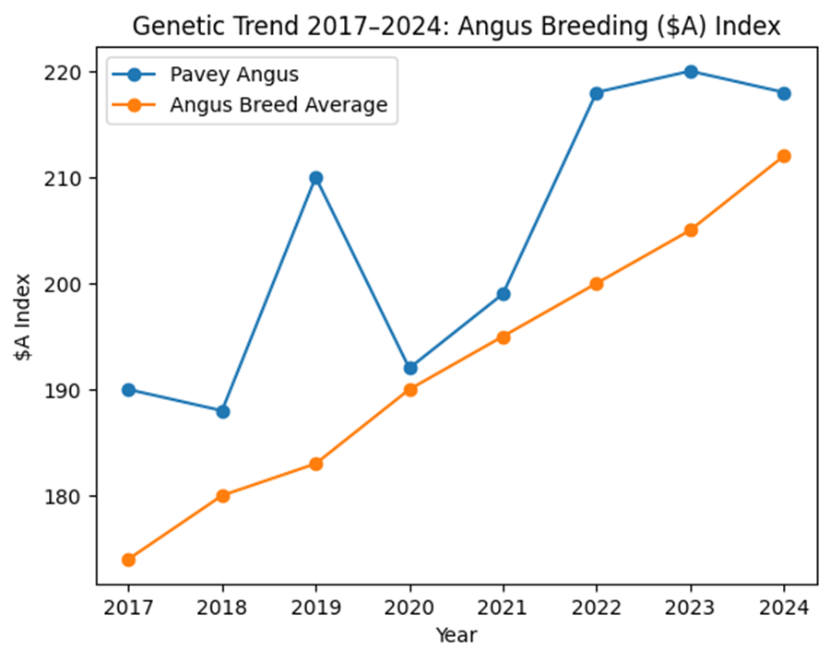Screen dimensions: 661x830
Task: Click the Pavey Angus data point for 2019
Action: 315,178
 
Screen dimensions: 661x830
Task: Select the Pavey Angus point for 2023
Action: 690,72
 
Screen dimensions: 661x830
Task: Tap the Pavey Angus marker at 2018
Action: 222,411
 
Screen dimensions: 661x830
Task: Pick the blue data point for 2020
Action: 410,369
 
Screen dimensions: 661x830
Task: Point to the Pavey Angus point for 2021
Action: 504,294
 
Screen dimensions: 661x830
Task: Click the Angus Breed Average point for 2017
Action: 128,560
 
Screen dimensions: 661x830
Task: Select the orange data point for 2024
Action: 784,156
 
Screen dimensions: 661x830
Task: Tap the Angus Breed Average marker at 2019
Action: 315,464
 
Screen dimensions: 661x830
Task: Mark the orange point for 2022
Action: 597,284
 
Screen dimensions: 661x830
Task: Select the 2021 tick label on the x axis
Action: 504,608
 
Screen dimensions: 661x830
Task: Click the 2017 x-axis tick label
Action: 128,608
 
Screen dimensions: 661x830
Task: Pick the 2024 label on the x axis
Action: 784,608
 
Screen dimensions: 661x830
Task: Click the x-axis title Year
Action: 456,635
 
